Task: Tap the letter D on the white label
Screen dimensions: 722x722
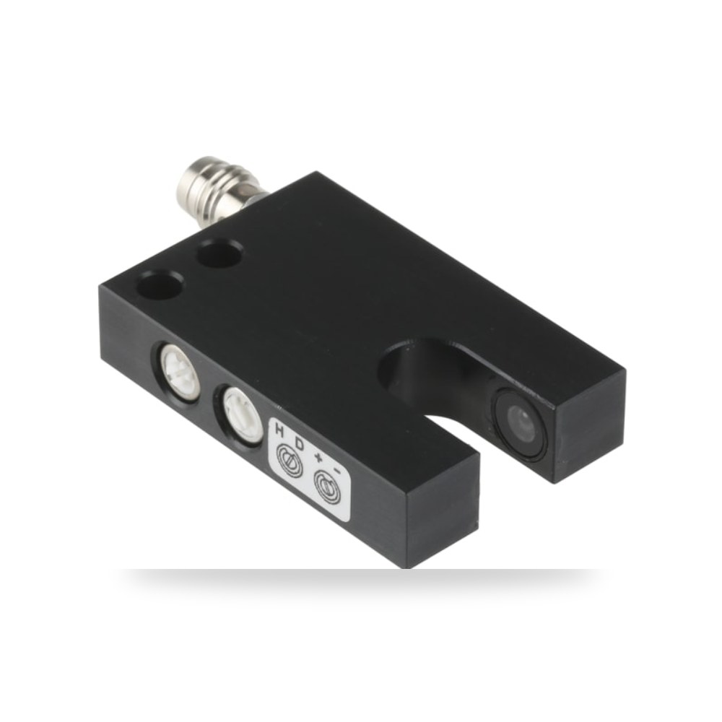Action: (300, 444)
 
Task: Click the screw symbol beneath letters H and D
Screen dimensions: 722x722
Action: (289, 459)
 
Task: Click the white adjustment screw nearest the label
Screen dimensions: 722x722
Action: (240, 412)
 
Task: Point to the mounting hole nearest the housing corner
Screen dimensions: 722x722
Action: (161, 284)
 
